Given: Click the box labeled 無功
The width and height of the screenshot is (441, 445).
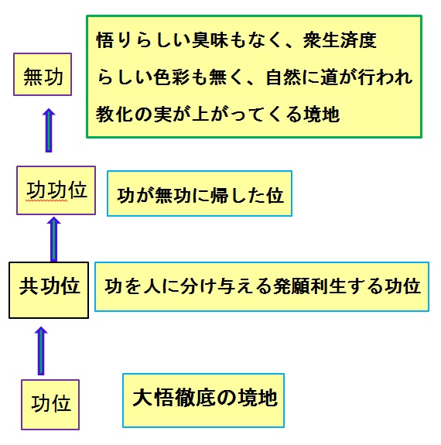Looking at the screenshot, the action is [43, 74].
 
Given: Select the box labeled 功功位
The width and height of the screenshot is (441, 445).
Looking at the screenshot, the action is [56, 190].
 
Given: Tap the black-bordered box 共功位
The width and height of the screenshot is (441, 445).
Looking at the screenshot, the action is [49, 290].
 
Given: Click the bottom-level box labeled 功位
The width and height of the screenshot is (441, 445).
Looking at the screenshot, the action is [50, 405].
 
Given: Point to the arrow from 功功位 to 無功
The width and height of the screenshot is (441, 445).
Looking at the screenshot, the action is [49, 130].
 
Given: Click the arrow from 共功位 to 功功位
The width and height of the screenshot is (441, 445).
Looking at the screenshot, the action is [53, 239].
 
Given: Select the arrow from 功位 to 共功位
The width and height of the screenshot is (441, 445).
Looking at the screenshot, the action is [41, 351].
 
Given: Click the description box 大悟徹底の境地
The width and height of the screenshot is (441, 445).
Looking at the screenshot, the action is [203, 400].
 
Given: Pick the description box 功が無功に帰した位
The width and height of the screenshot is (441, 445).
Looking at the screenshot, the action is [200, 193].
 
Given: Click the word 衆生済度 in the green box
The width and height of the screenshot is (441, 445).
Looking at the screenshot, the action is [340, 40].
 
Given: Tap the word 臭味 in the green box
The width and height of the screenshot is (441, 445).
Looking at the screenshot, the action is [210, 40].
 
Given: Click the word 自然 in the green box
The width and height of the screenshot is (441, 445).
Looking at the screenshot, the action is [284, 77].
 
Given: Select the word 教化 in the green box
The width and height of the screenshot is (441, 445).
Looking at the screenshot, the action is [114, 114].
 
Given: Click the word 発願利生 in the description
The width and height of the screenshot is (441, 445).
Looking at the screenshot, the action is [309, 286].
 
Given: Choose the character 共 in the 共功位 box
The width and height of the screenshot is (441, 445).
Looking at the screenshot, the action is [29, 286].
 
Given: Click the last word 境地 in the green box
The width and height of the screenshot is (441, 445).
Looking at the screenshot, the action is [322, 114].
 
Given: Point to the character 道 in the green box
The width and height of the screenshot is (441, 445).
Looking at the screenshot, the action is [330, 77].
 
